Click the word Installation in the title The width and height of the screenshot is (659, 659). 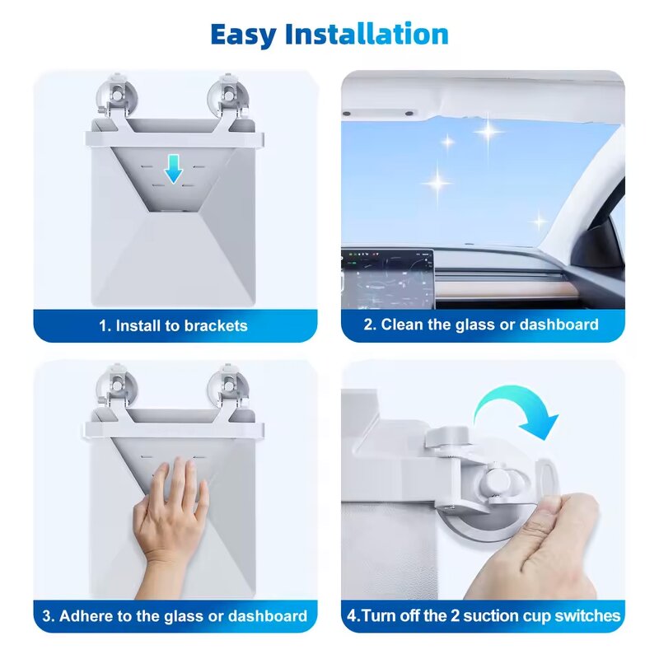[x=367, y=35]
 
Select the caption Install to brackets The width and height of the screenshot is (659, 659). [x=173, y=325]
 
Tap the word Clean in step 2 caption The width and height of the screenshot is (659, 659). [x=402, y=325]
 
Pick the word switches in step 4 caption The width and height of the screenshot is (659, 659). [x=587, y=615]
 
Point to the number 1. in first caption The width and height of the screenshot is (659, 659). [x=105, y=325]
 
